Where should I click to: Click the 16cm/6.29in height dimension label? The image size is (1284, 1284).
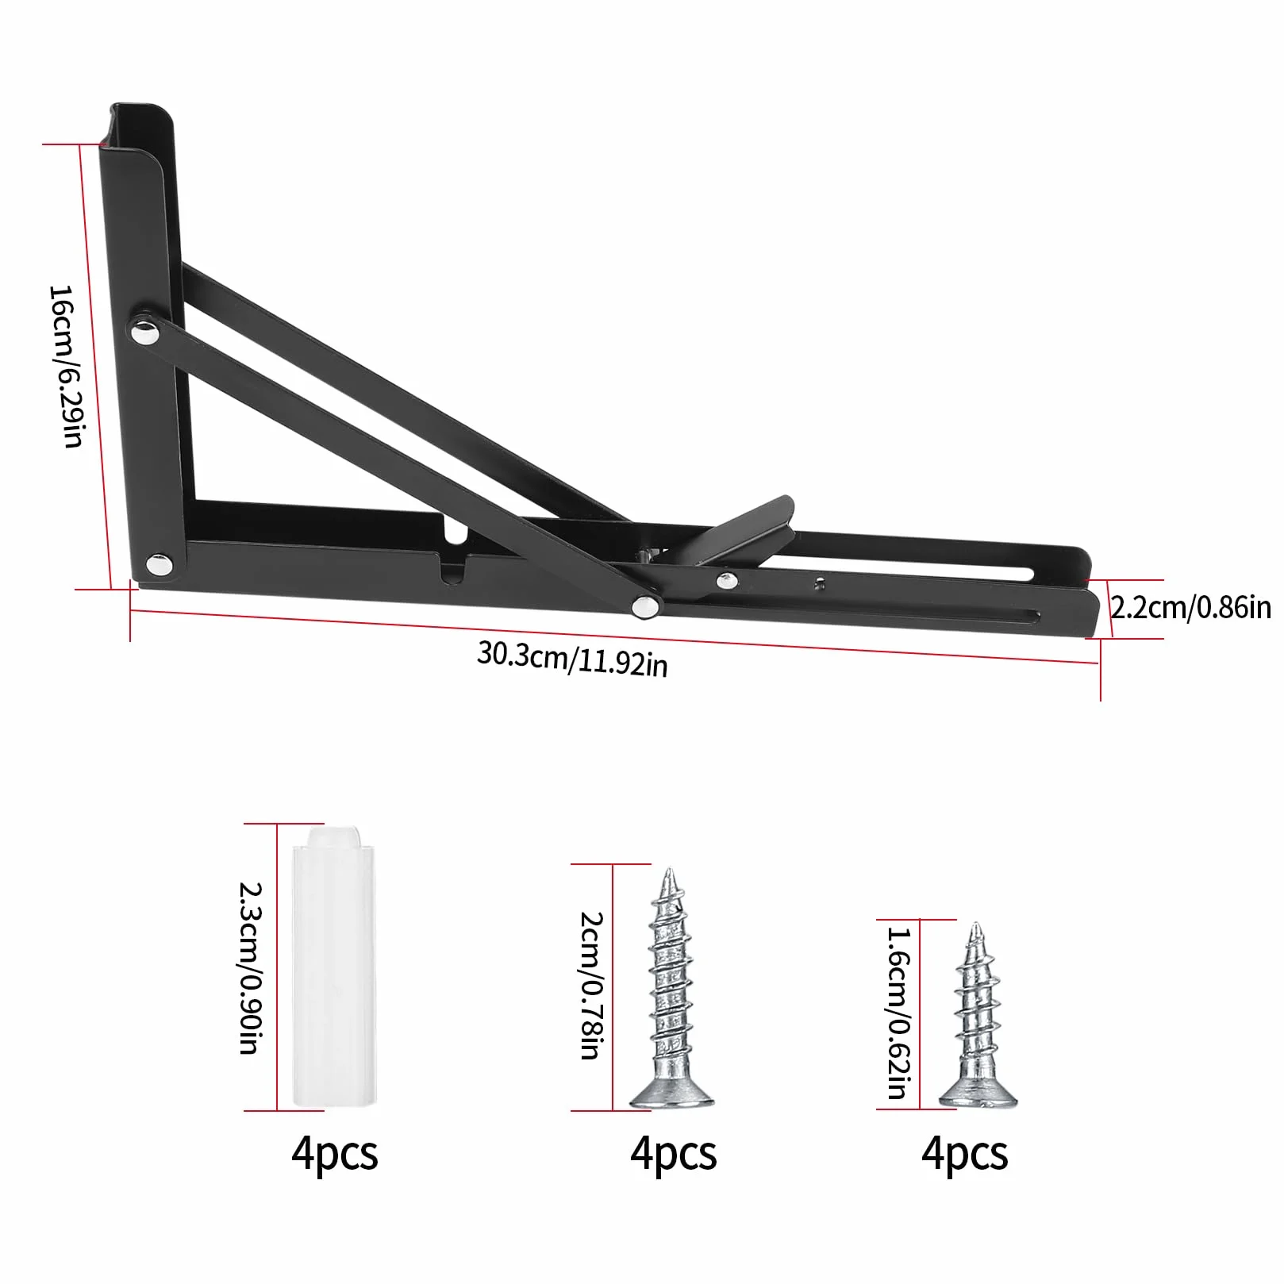click(x=65, y=367)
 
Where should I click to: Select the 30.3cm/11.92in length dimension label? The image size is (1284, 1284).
click(x=572, y=659)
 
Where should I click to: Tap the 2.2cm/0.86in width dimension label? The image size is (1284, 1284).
click(x=1190, y=608)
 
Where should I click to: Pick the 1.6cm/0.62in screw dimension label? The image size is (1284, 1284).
click(x=898, y=1013)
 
